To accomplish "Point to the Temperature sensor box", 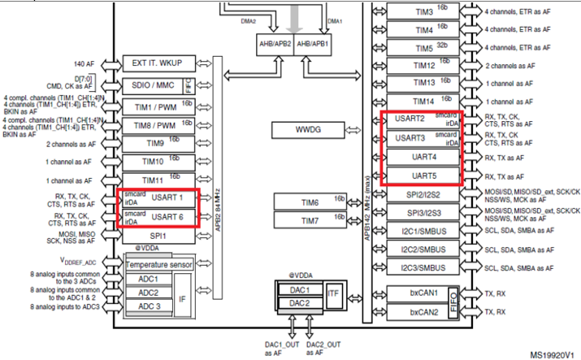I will coord(159,264).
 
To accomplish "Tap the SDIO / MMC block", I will coord(154,85).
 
